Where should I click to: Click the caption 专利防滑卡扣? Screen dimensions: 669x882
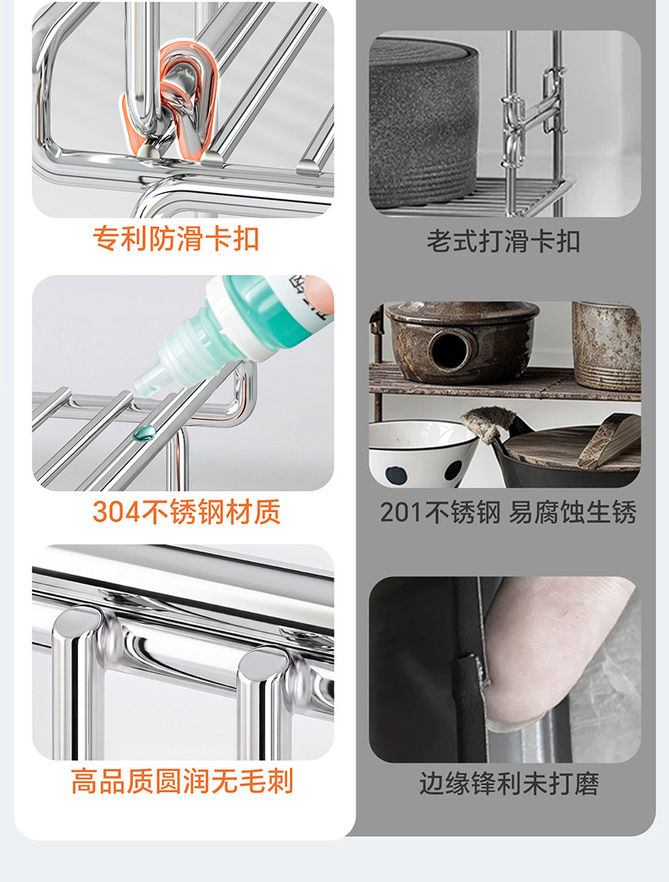[x=175, y=239]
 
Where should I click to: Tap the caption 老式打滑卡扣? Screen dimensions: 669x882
[x=503, y=241]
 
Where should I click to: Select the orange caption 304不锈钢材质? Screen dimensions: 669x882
[x=186, y=512]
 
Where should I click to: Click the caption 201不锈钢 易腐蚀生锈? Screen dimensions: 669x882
[x=508, y=512]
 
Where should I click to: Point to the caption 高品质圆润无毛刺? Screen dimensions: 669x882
[x=182, y=781]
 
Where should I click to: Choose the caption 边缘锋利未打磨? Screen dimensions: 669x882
[x=509, y=783]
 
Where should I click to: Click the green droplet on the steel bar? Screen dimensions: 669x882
[x=144, y=433]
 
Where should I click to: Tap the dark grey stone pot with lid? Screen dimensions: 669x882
[x=424, y=122]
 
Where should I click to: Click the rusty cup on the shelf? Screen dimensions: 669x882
[x=606, y=345]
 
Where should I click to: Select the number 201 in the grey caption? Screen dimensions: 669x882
[x=401, y=513]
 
